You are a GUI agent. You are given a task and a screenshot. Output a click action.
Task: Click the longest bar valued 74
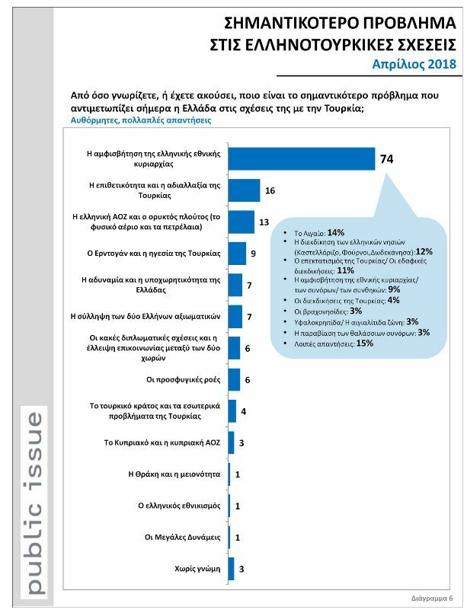click(x=302, y=158)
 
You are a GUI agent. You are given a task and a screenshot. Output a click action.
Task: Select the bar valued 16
click(x=245, y=190)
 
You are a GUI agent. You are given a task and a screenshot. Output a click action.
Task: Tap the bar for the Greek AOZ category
click(x=241, y=222)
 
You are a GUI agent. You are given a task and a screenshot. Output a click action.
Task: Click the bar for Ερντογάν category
click(x=237, y=253)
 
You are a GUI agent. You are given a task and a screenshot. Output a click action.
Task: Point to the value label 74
click(x=386, y=159)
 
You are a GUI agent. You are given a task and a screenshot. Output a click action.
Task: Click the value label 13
click(x=264, y=222)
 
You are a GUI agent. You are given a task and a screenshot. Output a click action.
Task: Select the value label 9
click(x=254, y=254)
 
